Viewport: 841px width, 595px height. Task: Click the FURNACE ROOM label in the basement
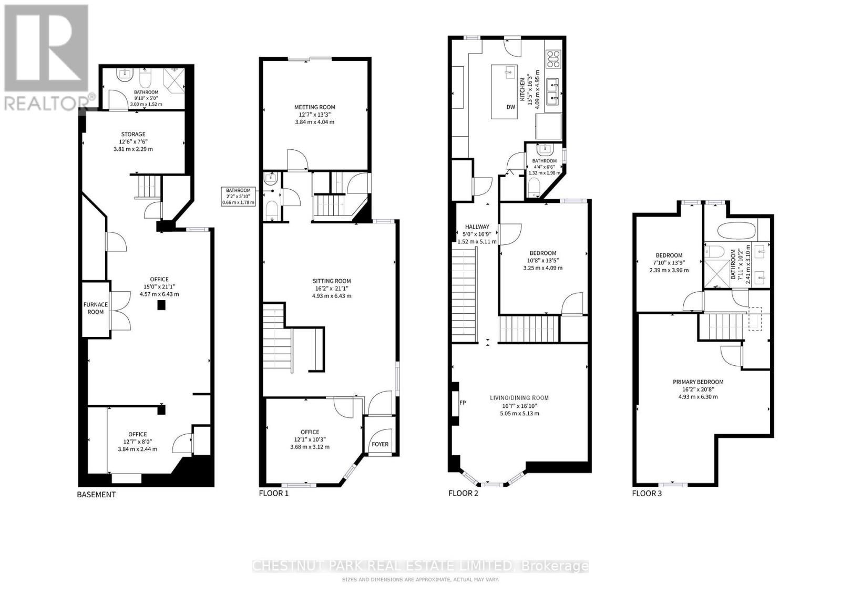pyautogui.click(x=95, y=308)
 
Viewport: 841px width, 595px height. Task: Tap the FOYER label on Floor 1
pyautogui.click(x=380, y=444)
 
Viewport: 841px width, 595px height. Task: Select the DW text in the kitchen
pyautogui.click(x=510, y=107)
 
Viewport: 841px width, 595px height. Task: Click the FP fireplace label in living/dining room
pyautogui.click(x=463, y=403)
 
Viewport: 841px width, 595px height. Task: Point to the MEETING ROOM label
pyautogui.click(x=314, y=107)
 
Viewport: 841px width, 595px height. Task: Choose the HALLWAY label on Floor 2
pyautogui.click(x=477, y=227)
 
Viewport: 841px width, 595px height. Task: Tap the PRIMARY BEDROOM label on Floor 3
pyautogui.click(x=698, y=382)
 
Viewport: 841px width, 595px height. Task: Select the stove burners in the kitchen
pyautogui.click(x=553, y=59)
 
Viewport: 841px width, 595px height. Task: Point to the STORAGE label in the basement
pyautogui.click(x=133, y=134)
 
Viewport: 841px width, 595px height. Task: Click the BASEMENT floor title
pyautogui.click(x=96, y=495)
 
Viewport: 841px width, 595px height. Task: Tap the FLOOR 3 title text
pyautogui.click(x=647, y=493)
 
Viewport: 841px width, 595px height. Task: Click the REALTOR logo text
pyautogui.click(x=45, y=103)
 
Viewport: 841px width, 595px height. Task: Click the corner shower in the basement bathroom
pyautogui.click(x=173, y=79)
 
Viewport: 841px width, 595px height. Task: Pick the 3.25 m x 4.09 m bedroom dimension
pyautogui.click(x=542, y=268)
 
